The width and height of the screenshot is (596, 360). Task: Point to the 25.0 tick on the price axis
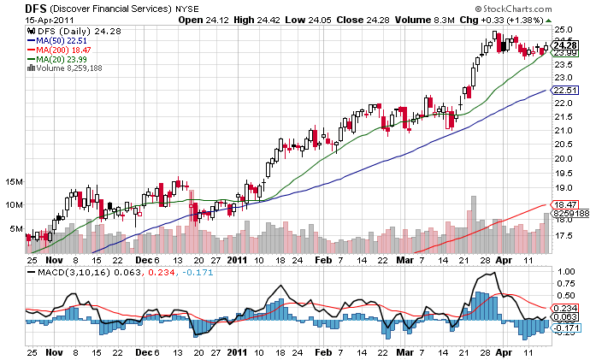tap(564, 29)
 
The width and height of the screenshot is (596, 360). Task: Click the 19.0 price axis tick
tap(564, 187)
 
